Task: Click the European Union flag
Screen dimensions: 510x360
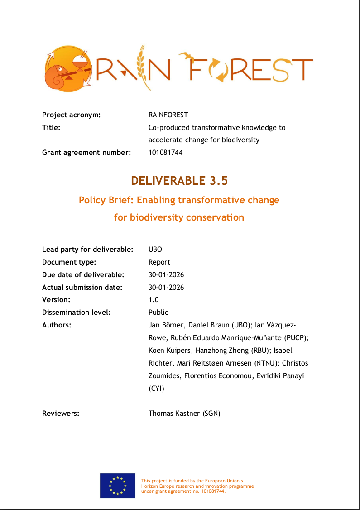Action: coord(118,486)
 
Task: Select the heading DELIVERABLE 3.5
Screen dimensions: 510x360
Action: coord(179,181)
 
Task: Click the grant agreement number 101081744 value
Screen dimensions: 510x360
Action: coord(166,153)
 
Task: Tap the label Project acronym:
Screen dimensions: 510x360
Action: coord(71,115)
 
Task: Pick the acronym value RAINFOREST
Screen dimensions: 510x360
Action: coord(168,115)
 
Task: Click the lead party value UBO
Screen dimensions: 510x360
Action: coord(155,250)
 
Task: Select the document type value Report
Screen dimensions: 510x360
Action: coord(159,262)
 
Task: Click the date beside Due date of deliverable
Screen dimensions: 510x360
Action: coord(166,275)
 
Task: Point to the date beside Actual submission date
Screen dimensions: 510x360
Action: coord(166,288)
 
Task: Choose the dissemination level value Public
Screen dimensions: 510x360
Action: coord(158,313)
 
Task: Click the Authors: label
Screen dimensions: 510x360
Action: coord(57,325)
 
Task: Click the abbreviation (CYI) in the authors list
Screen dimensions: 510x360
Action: coord(157,389)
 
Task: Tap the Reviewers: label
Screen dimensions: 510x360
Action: coord(61,413)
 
